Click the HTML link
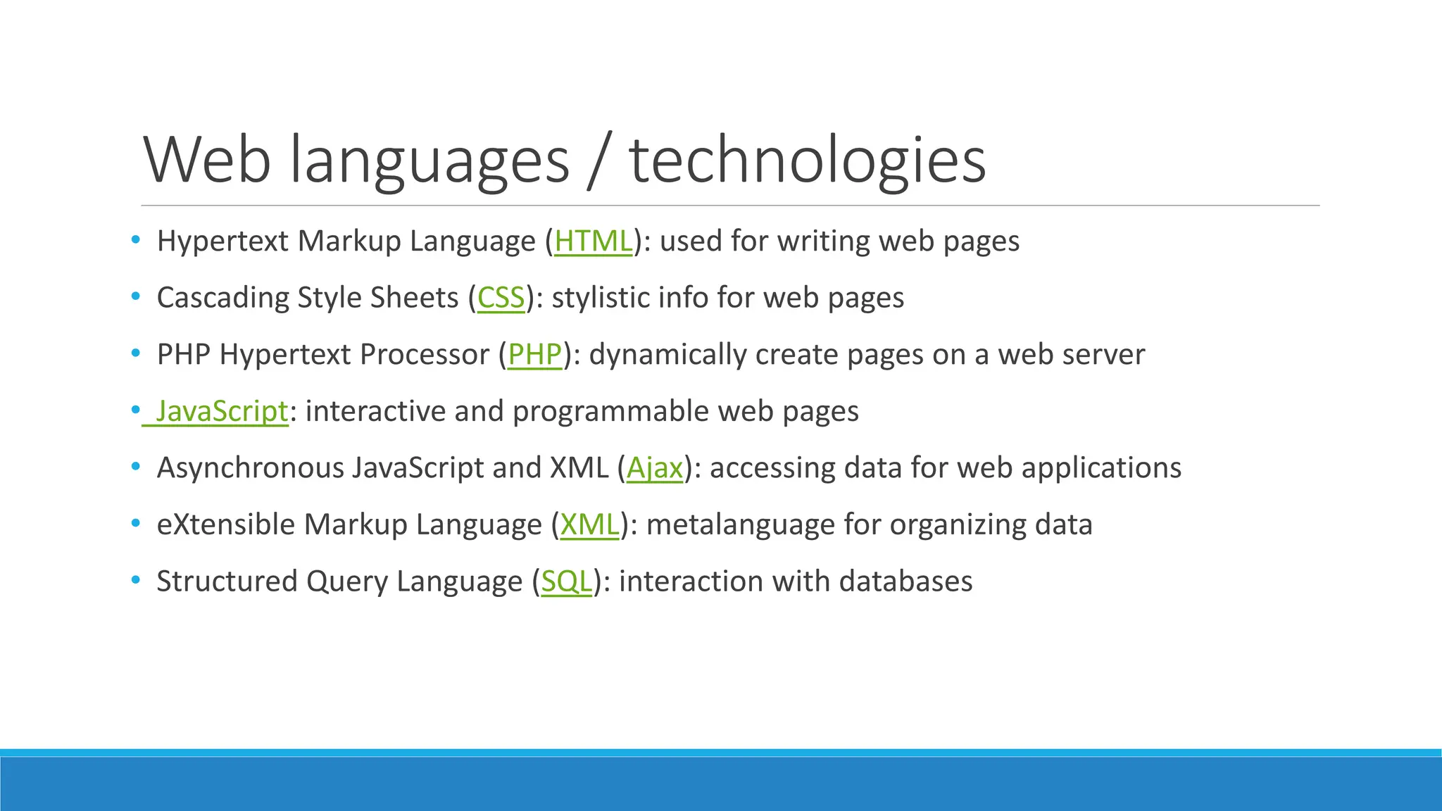coord(593,241)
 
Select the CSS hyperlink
coord(501,298)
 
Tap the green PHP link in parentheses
coord(534,355)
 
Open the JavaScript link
coord(222,412)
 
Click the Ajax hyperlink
coord(655,468)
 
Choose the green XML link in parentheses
coord(589,525)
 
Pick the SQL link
coord(566,582)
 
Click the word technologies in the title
coord(807,161)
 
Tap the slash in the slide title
coord(599,161)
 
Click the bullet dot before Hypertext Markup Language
coord(135,240)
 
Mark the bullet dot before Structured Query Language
coord(135,581)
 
